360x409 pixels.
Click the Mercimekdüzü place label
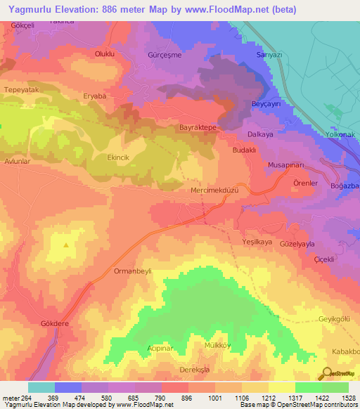point(214,190)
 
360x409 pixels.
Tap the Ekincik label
point(118,158)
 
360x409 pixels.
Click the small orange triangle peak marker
point(66,245)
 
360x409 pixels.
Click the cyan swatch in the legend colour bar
point(41,387)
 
